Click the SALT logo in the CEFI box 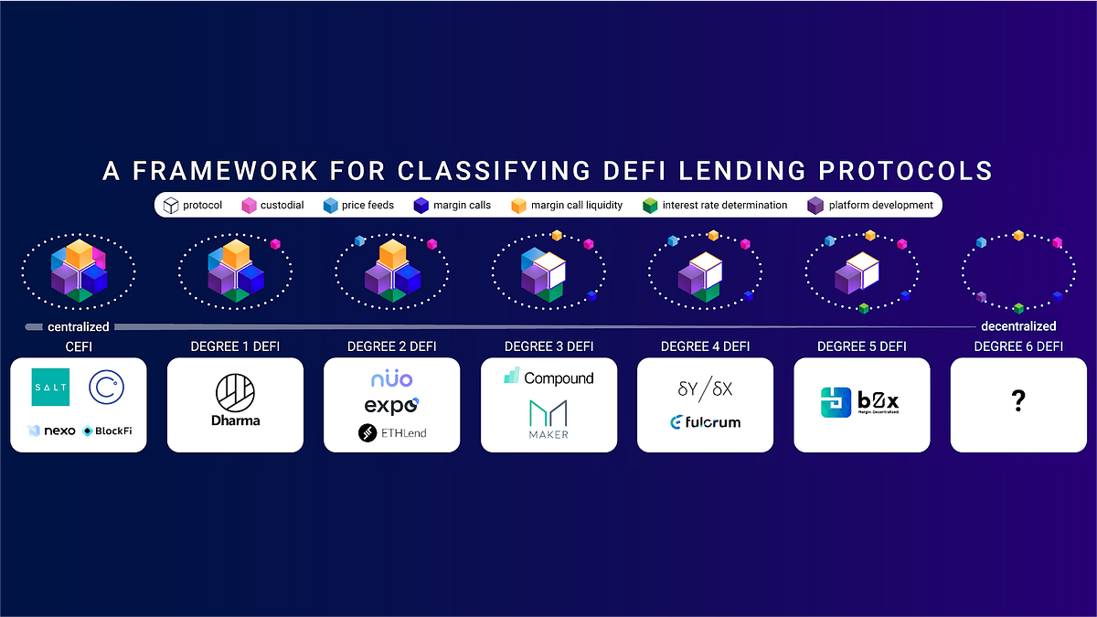tap(50, 388)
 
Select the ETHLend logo tap(392, 432)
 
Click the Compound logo tap(548, 378)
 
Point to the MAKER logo tap(548, 419)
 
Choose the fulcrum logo tap(705, 422)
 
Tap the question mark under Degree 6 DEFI tap(1017, 402)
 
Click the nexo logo tap(51, 431)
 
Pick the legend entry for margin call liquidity tap(568, 205)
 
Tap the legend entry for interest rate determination tap(715, 205)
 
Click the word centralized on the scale tap(79, 326)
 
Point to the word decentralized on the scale tap(1018, 325)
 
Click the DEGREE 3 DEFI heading tap(548, 346)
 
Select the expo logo tap(391, 406)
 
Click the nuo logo tap(391, 378)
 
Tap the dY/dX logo tap(705, 388)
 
